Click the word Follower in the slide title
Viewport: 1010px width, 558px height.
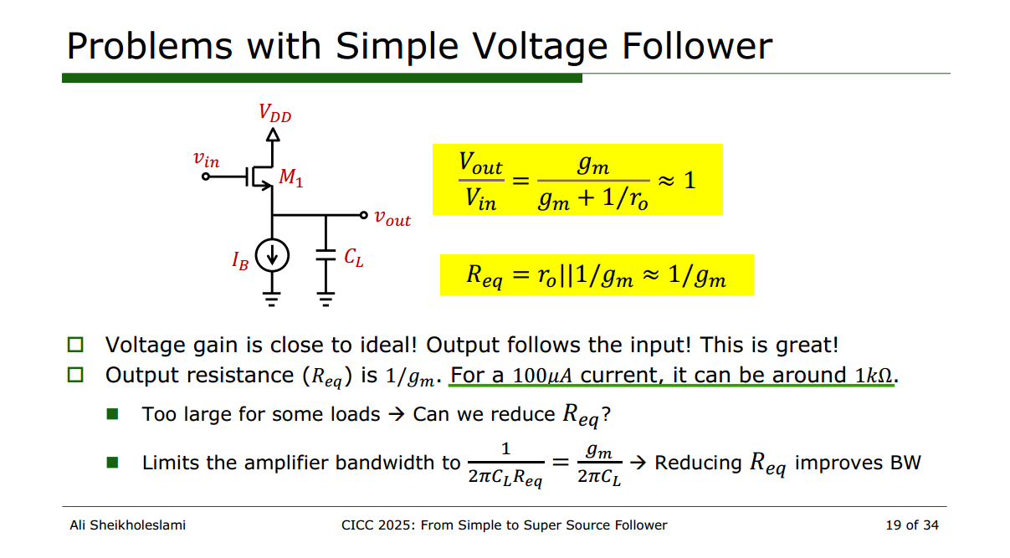pyautogui.click(x=697, y=46)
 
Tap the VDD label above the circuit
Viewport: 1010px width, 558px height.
pyautogui.click(x=274, y=113)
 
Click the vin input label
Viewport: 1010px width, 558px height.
pyautogui.click(x=206, y=159)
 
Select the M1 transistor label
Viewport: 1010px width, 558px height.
pyautogui.click(x=291, y=177)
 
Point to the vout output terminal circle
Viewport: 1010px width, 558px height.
pyautogui.click(x=364, y=216)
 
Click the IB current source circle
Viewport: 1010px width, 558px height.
pyautogui.click(x=272, y=255)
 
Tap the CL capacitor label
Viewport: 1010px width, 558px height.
pyautogui.click(x=353, y=258)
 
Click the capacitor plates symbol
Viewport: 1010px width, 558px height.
pyautogui.click(x=326, y=255)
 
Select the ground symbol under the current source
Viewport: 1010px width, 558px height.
pyautogui.click(x=272, y=299)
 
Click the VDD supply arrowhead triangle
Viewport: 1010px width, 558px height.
pyautogui.click(x=273, y=135)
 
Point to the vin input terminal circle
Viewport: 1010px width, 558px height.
pyautogui.click(x=206, y=177)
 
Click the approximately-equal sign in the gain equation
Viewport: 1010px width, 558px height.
pyautogui.click(x=666, y=181)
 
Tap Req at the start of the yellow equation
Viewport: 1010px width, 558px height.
pyautogui.click(x=484, y=275)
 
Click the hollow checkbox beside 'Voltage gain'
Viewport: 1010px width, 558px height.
pyautogui.click(x=75, y=345)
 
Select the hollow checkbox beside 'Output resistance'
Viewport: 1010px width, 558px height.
pyautogui.click(x=75, y=375)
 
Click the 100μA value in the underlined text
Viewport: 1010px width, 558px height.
pyautogui.click(x=542, y=376)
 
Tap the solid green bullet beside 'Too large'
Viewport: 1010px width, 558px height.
pyautogui.click(x=112, y=414)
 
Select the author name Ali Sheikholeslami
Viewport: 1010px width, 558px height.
pyautogui.click(x=127, y=525)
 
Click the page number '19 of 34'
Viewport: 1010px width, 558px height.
pyautogui.click(x=912, y=525)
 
